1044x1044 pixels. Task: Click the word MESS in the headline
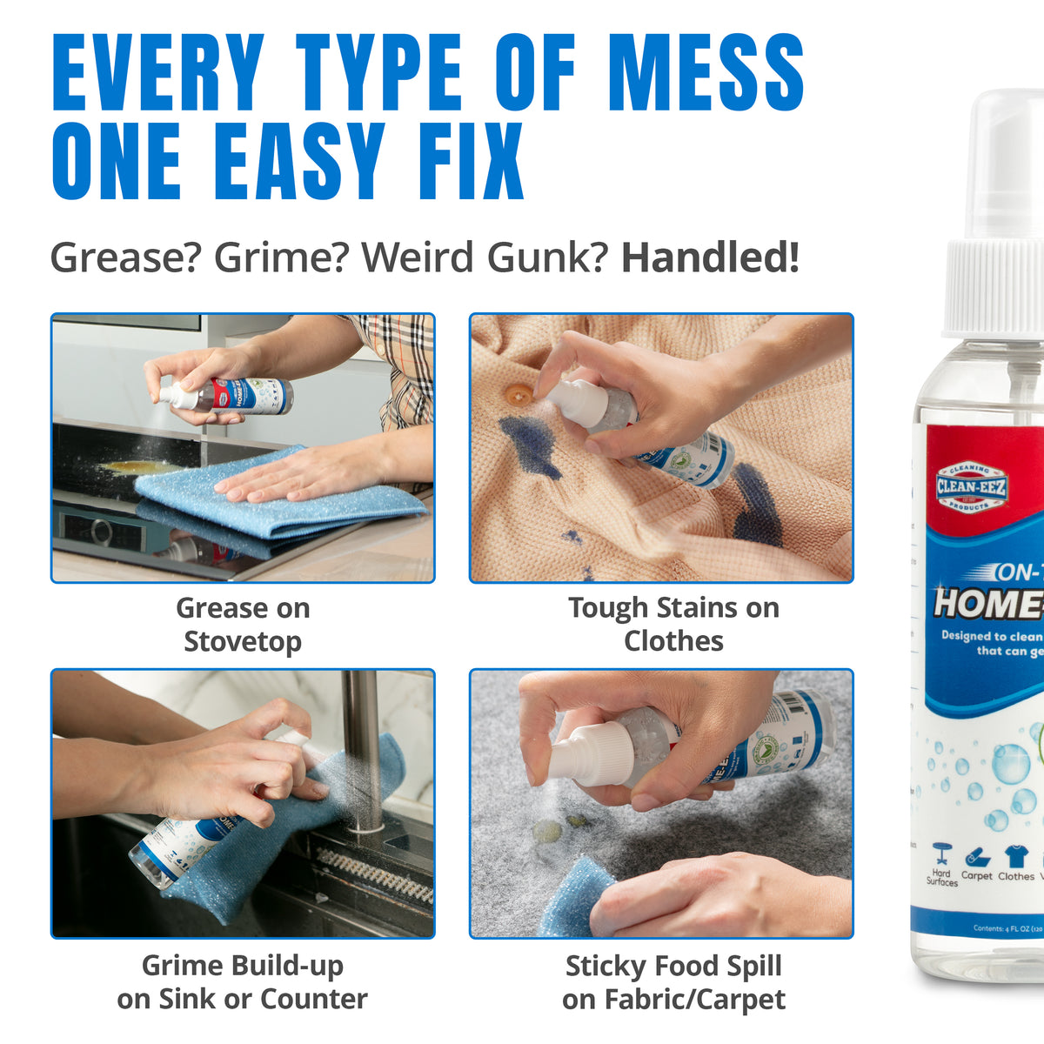click(x=706, y=73)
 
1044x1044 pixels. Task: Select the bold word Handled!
click(x=709, y=258)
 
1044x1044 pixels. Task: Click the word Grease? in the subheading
click(x=125, y=258)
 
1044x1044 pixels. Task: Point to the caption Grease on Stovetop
click(x=243, y=625)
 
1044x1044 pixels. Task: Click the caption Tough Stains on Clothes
click(x=673, y=625)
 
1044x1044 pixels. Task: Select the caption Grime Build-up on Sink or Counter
click(x=243, y=982)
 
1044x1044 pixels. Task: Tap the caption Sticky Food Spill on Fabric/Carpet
click(x=673, y=982)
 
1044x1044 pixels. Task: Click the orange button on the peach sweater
click(x=519, y=395)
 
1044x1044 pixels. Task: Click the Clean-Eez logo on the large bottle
click(x=971, y=487)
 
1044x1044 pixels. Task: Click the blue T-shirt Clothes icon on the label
click(x=1015, y=856)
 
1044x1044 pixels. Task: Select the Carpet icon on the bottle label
click(x=976, y=857)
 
